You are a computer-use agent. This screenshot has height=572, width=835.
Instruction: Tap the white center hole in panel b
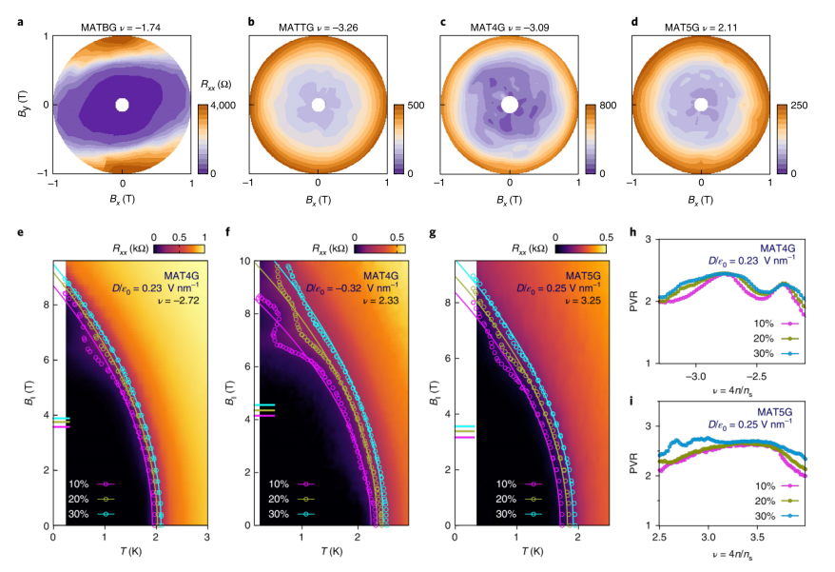pos(319,105)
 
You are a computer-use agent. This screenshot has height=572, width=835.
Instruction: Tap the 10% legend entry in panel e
pos(91,483)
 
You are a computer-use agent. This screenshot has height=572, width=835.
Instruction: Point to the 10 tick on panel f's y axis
pos(243,261)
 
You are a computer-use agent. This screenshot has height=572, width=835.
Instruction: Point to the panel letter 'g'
pos(437,229)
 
